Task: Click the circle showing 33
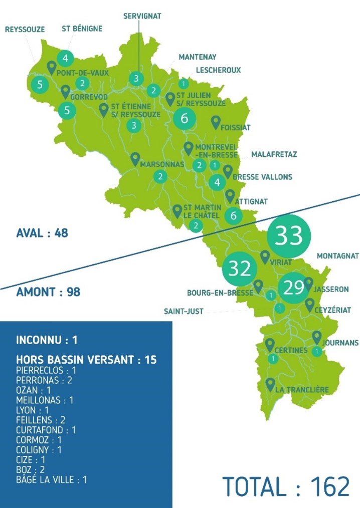[x=289, y=235]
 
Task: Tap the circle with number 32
[x=239, y=269]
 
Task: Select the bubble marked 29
[x=294, y=288]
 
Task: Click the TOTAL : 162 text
[x=286, y=486]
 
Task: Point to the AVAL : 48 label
[x=42, y=233]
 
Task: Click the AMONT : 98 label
[x=48, y=292]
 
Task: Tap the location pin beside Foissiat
[x=216, y=122]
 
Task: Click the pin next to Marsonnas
[x=135, y=159]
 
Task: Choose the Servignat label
[x=142, y=16]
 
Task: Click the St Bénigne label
[x=82, y=29]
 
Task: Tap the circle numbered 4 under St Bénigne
[x=65, y=58]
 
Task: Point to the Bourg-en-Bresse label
[x=220, y=293]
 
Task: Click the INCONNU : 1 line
[x=47, y=340]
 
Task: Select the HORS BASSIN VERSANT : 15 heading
[x=86, y=360]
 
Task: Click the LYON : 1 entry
[x=32, y=409]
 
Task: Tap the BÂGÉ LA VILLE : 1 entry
[x=51, y=480]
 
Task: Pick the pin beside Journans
[x=317, y=337]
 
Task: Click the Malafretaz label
[x=274, y=154]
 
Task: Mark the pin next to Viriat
[x=265, y=257]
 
